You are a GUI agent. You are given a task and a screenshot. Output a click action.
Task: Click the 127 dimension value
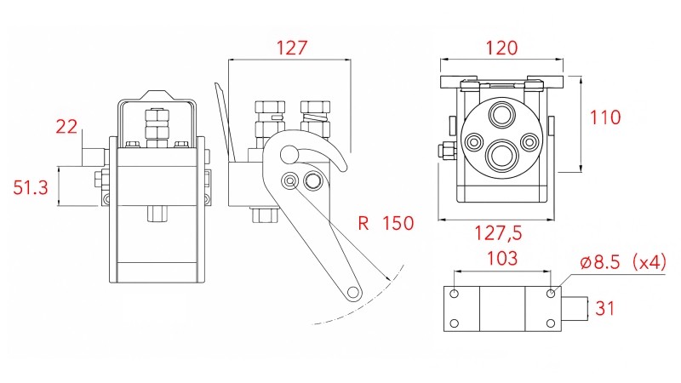[x=291, y=48]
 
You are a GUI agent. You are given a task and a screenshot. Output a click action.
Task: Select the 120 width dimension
[x=501, y=48]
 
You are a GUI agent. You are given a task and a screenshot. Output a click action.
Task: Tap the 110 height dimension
[x=605, y=117]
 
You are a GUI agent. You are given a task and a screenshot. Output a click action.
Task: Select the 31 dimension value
[x=604, y=308]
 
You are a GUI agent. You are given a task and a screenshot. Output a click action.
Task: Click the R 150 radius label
[x=385, y=224]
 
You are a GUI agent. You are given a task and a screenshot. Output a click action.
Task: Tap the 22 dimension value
[x=66, y=128]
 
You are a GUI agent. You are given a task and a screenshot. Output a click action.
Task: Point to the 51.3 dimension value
[x=31, y=187]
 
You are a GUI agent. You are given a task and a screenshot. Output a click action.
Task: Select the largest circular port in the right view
[x=498, y=155]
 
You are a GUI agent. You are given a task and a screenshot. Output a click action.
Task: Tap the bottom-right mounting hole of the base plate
[x=550, y=323]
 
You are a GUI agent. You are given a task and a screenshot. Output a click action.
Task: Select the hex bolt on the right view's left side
[x=445, y=152]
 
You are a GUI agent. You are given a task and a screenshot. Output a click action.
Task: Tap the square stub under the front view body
[x=157, y=212]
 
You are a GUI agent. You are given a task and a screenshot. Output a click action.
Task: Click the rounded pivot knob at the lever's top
[x=290, y=154]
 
